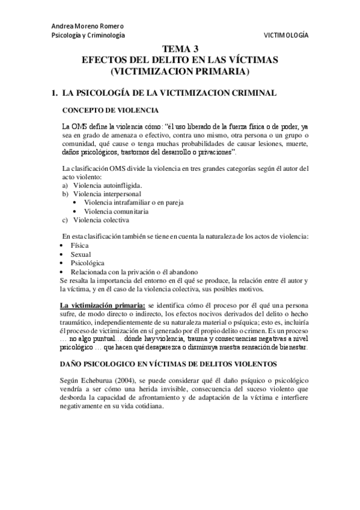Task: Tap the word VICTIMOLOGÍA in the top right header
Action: click(286, 35)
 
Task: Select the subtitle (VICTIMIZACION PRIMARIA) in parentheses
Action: click(180, 72)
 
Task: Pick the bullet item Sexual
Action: click(81, 254)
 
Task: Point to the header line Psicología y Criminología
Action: click(88, 35)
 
